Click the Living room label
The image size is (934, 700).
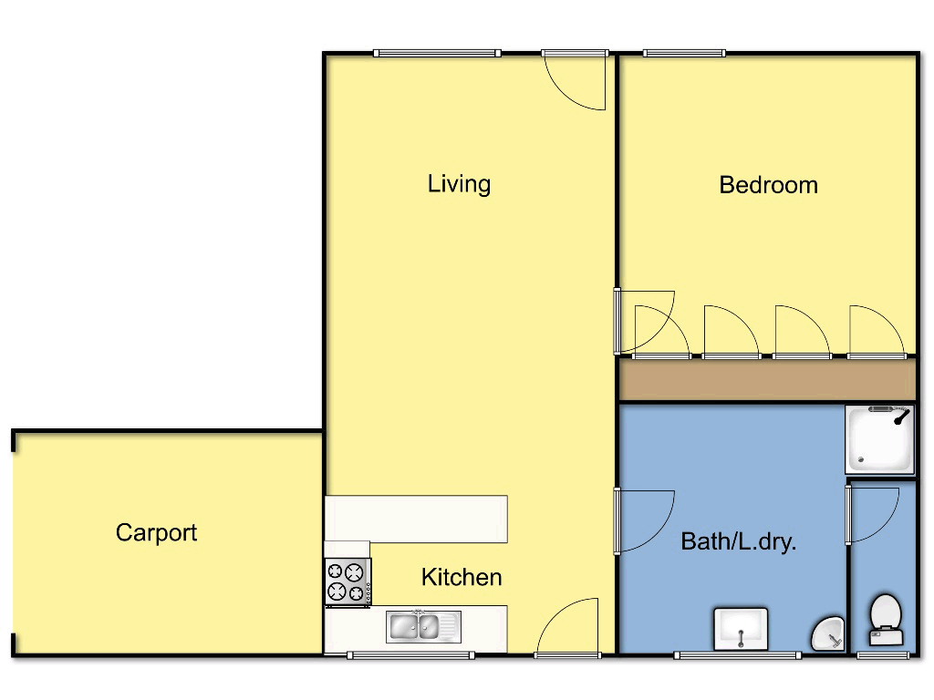[459, 184]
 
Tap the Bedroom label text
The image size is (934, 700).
[768, 185]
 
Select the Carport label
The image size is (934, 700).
[156, 532]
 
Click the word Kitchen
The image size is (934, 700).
[462, 577]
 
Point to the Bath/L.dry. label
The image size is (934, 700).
[739, 542]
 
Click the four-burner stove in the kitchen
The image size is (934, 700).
[348, 582]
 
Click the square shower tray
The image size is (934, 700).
[879, 439]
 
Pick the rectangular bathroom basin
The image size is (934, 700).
[741, 629]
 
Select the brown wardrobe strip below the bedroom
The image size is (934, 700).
[766, 379]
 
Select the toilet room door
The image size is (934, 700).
[871, 515]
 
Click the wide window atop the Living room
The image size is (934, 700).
[437, 53]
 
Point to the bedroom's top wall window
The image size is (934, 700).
[684, 53]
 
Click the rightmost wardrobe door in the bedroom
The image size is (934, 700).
[877, 331]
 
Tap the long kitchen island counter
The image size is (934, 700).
[416, 519]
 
